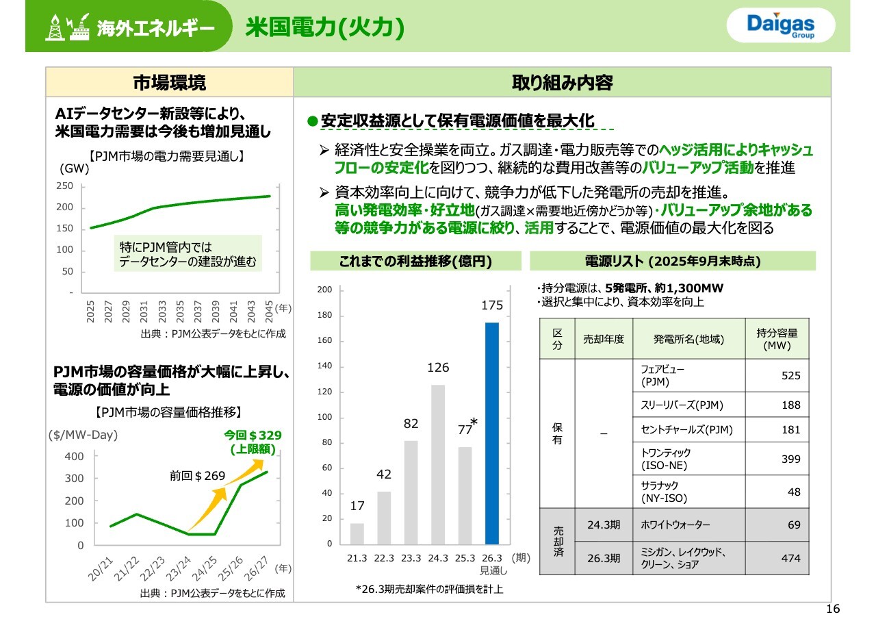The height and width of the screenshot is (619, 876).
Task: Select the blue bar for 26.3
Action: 492,433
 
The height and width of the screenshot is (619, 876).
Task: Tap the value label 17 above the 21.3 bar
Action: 357,507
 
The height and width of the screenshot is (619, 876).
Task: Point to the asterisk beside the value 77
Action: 474,425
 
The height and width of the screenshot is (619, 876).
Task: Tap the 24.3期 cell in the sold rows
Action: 603,525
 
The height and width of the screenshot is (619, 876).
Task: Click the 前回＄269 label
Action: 197,475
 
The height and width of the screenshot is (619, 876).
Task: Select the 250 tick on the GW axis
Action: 64,186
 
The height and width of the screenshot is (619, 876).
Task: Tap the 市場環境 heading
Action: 169,83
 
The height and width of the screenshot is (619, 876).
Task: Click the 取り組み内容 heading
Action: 562,83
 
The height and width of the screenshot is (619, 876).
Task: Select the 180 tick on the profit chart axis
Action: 326,316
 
